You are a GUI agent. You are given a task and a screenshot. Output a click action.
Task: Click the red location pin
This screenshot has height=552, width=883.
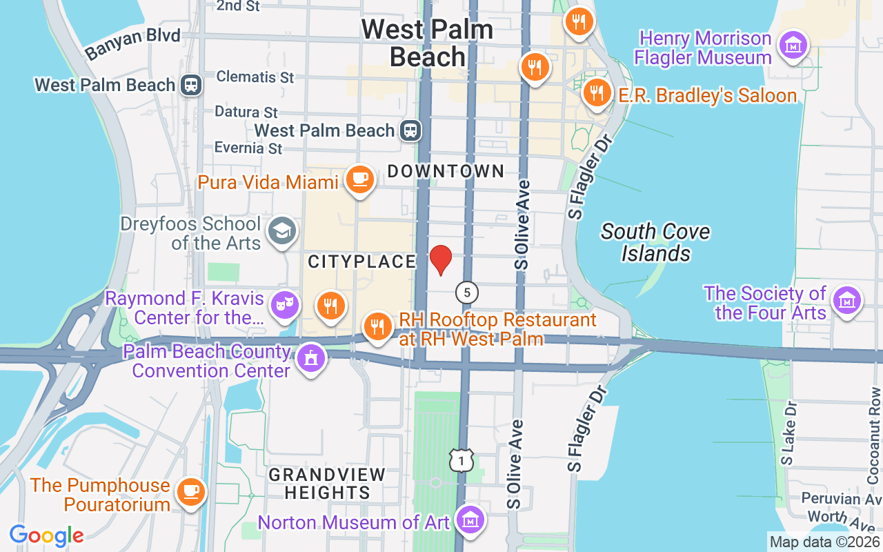(441, 260)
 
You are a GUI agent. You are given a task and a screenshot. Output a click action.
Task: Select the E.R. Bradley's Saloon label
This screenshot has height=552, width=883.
(707, 95)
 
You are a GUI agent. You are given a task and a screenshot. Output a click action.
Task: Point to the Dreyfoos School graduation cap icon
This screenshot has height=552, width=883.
(281, 232)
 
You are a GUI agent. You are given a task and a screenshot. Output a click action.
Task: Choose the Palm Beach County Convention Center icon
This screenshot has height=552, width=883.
(310, 359)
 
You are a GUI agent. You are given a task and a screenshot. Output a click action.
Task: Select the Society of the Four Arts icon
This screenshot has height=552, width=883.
(846, 301)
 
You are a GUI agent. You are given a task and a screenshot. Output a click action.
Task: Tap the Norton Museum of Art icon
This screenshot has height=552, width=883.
(470, 520)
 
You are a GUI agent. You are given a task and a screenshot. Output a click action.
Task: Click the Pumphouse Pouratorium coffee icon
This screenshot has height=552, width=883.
(190, 492)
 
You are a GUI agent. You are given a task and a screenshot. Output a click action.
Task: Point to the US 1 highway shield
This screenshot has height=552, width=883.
(462, 460)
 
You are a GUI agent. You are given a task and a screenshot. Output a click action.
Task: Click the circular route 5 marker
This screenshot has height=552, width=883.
(467, 293)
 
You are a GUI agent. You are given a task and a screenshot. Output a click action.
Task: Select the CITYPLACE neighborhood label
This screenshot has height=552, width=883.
(362, 262)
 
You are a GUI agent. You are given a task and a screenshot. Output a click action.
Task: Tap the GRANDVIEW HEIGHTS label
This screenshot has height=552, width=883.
(327, 484)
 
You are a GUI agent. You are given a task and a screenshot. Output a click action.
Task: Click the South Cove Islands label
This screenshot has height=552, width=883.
(655, 242)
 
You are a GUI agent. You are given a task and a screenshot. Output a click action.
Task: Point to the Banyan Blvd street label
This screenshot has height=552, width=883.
(132, 43)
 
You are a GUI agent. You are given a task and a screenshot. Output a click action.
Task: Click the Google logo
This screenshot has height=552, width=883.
(46, 535)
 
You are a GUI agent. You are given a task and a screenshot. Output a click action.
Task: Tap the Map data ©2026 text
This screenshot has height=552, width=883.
(824, 542)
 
